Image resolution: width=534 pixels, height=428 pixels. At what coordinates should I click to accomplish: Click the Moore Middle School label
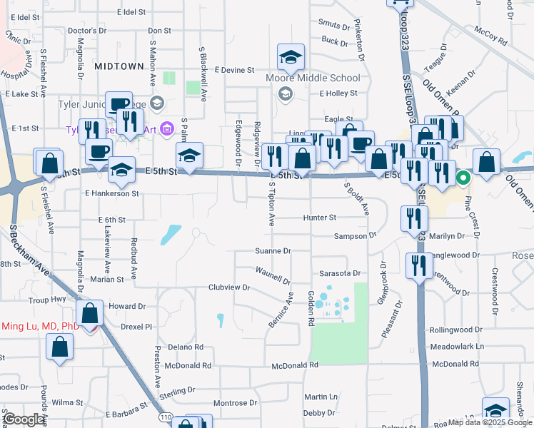[x=313, y=78]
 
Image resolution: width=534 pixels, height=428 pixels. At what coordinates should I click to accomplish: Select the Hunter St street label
[x=319, y=218]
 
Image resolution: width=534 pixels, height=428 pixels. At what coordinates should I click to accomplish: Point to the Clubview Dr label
[x=228, y=287]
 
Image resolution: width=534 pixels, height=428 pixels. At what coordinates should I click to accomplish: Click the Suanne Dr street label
[x=273, y=251]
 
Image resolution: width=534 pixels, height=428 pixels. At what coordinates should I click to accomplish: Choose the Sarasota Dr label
[x=340, y=273]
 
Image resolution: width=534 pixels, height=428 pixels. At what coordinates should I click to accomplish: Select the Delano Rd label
[x=186, y=347]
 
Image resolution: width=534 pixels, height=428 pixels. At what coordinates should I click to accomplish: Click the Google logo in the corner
[x=24, y=419]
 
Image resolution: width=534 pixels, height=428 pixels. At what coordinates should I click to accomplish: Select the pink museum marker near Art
[x=167, y=128]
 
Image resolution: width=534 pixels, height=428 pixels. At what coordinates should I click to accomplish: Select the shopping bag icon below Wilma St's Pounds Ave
[x=59, y=348]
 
